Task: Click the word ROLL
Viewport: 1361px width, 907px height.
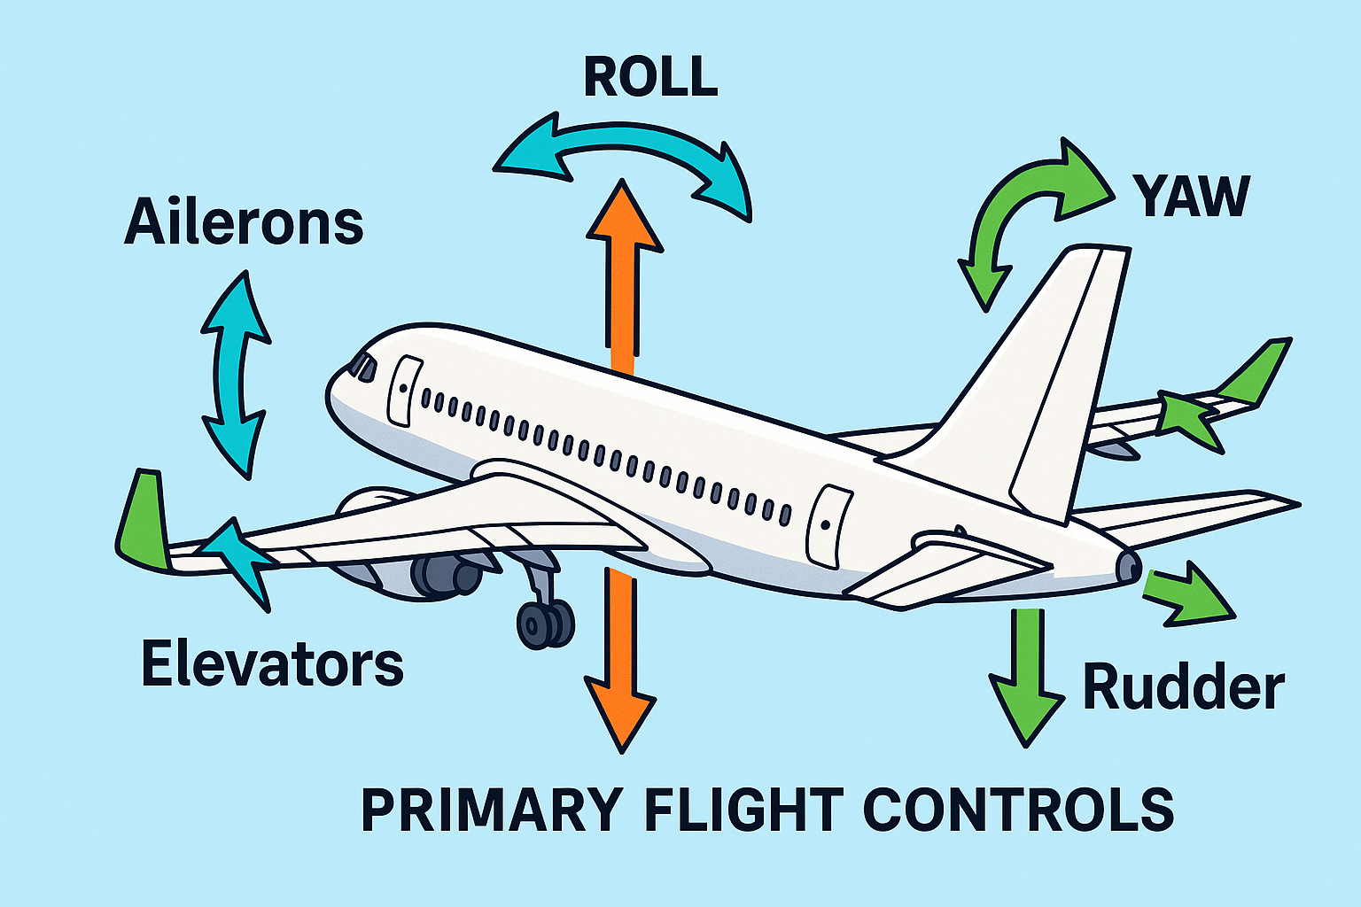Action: [650, 77]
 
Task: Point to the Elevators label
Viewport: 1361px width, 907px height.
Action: [272, 665]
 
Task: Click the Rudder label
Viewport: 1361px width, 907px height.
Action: [1184, 687]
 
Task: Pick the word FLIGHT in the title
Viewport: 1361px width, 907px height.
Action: [741, 809]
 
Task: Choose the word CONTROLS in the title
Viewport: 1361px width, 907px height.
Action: [1018, 809]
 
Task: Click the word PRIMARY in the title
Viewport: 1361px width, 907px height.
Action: [493, 809]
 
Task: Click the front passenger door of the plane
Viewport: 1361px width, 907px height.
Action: [405, 390]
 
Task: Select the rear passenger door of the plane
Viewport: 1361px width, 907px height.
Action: [828, 526]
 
